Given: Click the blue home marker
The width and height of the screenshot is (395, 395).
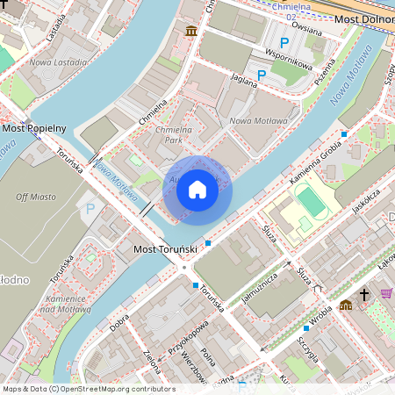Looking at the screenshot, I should [x=197, y=190].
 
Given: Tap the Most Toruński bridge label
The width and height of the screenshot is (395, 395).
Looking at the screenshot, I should [x=164, y=250].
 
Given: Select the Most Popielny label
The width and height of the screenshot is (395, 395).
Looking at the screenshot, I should [x=34, y=128].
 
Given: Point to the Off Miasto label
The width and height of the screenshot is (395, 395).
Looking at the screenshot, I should [x=34, y=197].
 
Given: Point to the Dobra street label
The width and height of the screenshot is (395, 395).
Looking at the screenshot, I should [x=119, y=323].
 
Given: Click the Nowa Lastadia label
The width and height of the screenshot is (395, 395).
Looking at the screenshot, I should [x=58, y=62].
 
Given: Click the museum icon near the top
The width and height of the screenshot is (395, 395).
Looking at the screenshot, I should [x=191, y=32].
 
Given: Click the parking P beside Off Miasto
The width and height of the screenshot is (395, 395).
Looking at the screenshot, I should [x=90, y=210].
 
